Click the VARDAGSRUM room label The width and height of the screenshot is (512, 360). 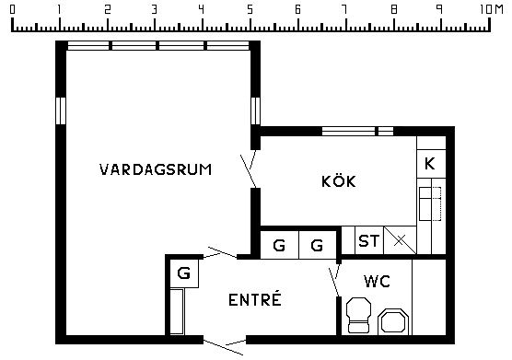tap(156, 169)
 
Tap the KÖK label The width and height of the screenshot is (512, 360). tap(339, 180)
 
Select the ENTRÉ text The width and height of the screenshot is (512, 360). tap(255, 298)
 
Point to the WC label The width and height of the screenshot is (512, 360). tap(378, 281)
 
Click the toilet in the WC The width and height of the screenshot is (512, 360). tap(358, 315)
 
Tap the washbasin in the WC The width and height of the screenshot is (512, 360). tap(393, 321)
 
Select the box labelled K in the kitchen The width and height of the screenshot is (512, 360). tap(431, 164)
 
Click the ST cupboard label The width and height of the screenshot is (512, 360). tap(369, 241)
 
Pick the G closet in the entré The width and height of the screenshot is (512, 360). tap(184, 273)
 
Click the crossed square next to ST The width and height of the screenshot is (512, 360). tap(400, 240)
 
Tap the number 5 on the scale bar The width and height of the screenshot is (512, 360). tap(250, 9)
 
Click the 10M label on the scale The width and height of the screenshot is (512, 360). tap(492, 9)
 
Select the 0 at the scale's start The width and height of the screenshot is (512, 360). tap(12, 9)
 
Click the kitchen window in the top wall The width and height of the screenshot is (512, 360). tap(357, 132)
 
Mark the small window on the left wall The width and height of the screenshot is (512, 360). tap(61, 110)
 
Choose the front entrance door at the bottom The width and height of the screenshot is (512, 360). tap(224, 346)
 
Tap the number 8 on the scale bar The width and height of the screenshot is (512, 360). tap(394, 9)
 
